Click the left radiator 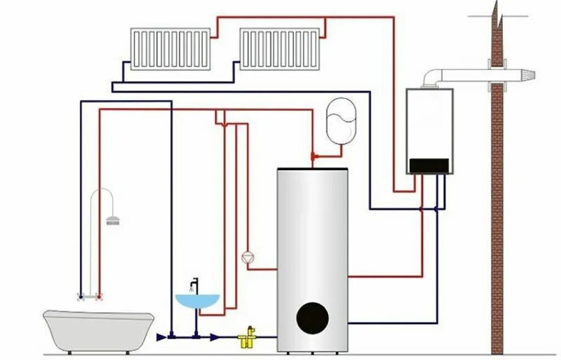(170, 49)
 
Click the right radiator (279, 49)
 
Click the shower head (113, 221)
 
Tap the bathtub (99, 329)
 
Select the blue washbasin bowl (197, 301)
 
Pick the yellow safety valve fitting (247, 338)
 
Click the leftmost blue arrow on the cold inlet (161, 337)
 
